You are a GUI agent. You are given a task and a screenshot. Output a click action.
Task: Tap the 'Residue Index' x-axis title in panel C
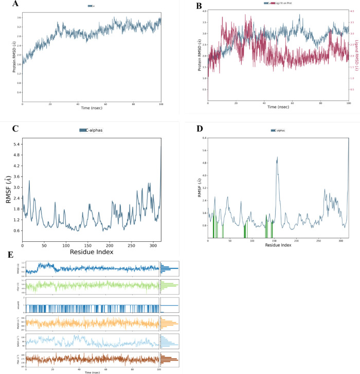pyautogui.click(x=92, y=252)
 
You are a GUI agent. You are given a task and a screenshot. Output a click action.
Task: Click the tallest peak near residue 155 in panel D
pyautogui.click(x=277, y=158)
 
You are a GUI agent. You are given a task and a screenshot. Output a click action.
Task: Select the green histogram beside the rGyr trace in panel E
pyautogui.click(x=169, y=286)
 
